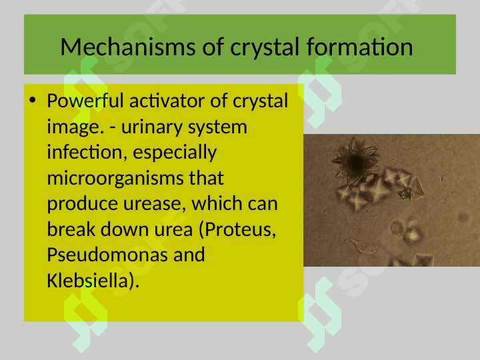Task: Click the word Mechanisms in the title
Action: tap(128, 47)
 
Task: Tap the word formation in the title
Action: tap(360, 47)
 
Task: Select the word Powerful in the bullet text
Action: tap(85, 101)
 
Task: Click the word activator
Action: tap(167, 101)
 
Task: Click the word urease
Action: tap(155, 203)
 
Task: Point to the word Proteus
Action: tap(237, 229)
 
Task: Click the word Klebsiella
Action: tap(93, 281)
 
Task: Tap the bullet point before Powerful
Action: tap(33, 100)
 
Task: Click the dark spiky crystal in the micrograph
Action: tap(355, 161)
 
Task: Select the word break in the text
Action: tap(71, 229)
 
